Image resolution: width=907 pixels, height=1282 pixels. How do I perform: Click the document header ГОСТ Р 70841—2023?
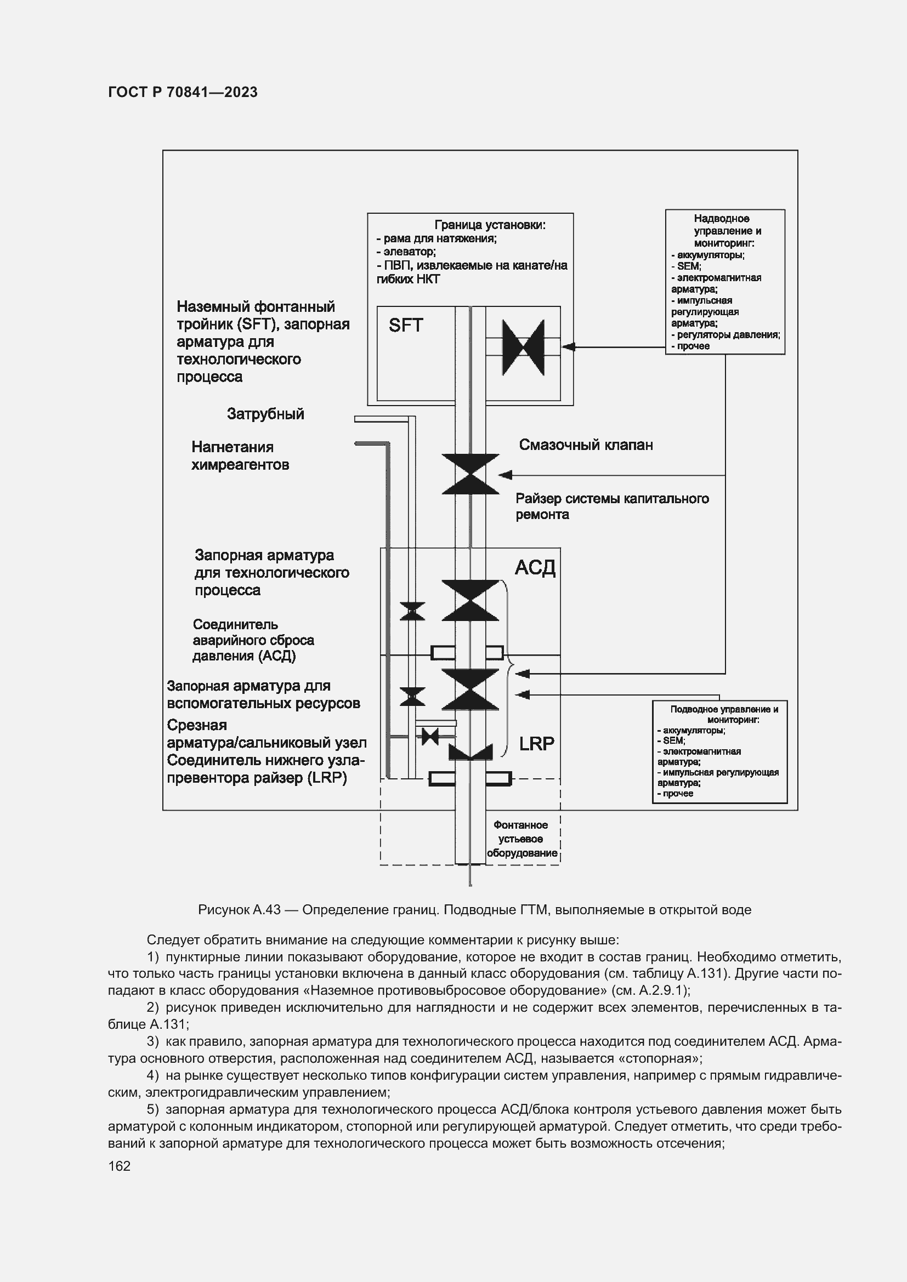183,92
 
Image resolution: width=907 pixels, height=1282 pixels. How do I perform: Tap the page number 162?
119,1166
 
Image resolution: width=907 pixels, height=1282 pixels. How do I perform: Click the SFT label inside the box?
405,325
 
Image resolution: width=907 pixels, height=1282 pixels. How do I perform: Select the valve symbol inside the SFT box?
523,347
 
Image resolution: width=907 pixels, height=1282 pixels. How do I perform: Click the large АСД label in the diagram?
535,568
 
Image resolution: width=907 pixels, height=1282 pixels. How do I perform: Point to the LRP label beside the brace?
536,744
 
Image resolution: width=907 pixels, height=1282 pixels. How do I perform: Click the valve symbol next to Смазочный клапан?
470,474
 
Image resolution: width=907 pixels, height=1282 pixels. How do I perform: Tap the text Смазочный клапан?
585,445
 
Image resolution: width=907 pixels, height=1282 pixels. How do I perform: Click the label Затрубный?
265,414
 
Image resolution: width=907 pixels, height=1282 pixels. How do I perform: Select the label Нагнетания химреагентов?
240,455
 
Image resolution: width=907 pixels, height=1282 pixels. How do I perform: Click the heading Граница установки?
490,225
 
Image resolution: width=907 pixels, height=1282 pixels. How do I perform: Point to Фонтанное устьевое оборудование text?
521,839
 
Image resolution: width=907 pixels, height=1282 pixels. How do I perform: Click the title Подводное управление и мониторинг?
724,714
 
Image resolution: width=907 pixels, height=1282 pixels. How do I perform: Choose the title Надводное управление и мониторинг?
727,231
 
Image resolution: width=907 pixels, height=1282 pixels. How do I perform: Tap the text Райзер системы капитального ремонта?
611,506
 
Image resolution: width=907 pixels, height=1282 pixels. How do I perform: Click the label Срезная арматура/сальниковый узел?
267,734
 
